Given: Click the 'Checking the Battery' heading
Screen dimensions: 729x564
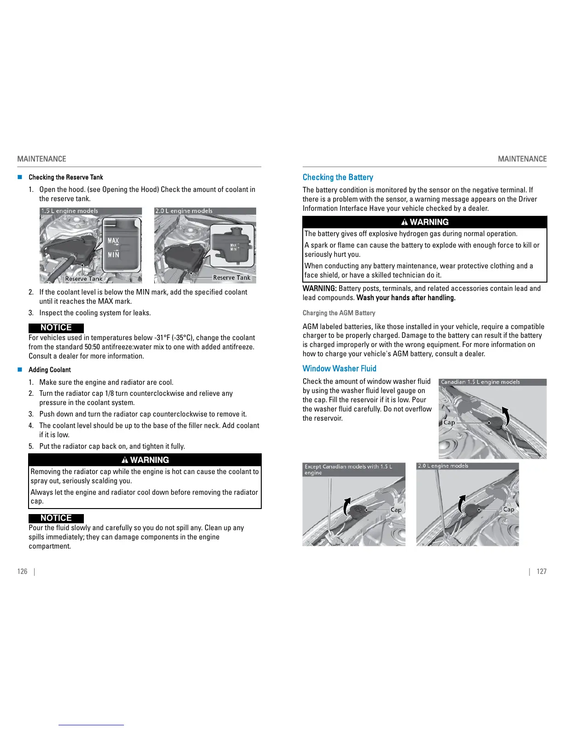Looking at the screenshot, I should [x=338, y=177].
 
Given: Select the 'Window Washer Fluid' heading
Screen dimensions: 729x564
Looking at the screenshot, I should [x=339, y=368].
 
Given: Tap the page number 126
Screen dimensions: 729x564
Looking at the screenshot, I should [x=22, y=571].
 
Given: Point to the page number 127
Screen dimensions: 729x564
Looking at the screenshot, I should [x=541, y=571].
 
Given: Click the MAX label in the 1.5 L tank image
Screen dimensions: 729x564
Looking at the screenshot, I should [x=113, y=241].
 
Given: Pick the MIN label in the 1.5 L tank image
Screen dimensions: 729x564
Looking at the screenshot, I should [x=113, y=255].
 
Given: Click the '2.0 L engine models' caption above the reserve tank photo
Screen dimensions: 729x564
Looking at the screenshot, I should [x=184, y=211].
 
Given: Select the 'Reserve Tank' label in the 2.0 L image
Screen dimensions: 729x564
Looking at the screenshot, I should [x=231, y=278].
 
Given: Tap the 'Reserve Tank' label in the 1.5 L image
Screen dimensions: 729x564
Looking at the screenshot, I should [x=83, y=278].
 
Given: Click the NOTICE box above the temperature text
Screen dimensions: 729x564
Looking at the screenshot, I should [x=56, y=328].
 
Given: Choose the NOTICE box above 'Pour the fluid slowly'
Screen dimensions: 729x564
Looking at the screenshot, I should [x=56, y=518].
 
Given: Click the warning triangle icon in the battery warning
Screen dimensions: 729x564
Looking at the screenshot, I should [x=405, y=222].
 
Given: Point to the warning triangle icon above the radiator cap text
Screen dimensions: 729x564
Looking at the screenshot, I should [x=125, y=460].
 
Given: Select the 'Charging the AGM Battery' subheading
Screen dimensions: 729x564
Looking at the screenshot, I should [x=339, y=313].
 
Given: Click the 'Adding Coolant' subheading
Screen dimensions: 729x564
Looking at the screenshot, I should [x=49, y=370].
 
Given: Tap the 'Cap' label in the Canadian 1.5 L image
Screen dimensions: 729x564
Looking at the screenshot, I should [x=449, y=422].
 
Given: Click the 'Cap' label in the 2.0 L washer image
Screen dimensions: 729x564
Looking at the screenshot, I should [x=508, y=509].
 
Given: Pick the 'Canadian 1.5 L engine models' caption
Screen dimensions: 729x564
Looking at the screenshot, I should [x=480, y=382].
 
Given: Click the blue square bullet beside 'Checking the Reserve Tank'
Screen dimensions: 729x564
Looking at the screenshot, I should [x=20, y=177].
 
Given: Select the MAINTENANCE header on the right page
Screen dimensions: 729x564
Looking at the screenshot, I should [x=522, y=159].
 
